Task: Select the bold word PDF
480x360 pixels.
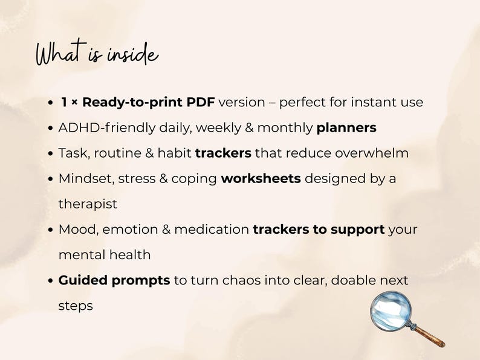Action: click(201, 102)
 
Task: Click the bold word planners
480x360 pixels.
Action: click(346, 128)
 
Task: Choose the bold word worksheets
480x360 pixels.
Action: click(261, 179)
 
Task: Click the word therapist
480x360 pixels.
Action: click(88, 204)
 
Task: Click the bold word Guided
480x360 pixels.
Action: click(83, 280)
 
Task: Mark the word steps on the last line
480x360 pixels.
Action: click(76, 306)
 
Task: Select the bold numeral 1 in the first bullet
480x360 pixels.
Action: click(64, 103)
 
